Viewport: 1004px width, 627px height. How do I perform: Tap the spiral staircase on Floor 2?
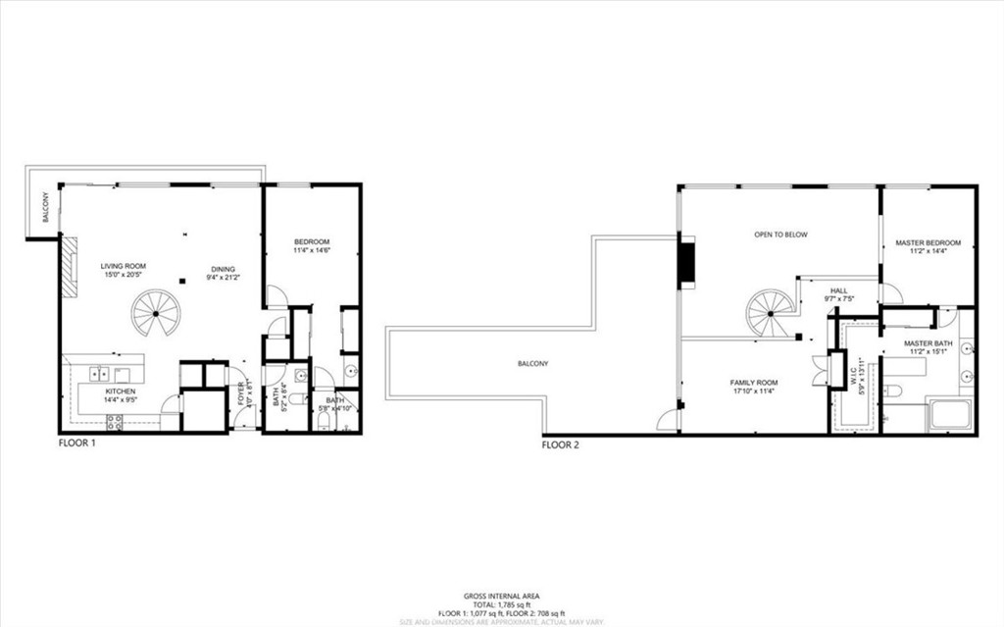coord(770,313)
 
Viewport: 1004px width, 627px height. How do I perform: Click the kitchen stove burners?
coord(114,422)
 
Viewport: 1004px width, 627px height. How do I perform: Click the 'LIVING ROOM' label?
coord(123,266)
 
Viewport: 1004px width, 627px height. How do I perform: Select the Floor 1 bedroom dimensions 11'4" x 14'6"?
coord(312,251)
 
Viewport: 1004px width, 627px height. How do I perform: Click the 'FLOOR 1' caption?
coord(77,444)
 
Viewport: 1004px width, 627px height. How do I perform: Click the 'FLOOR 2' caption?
coord(561,444)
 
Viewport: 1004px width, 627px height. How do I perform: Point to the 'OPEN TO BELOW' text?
coord(780,235)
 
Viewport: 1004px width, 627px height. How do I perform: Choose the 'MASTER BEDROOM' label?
coord(928,242)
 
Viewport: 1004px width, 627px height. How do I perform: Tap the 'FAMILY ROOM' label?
coord(753,383)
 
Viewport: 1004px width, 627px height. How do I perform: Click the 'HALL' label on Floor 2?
coord(838,290)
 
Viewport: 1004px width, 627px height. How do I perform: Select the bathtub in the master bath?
coord(949,414)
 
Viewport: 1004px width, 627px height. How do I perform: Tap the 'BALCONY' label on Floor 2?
coord(533,364)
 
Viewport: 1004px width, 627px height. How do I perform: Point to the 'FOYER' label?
coord(240,394)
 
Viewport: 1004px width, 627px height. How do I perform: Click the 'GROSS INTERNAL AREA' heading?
coord(501,596)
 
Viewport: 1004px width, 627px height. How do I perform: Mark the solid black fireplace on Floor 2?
coord(688,263)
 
